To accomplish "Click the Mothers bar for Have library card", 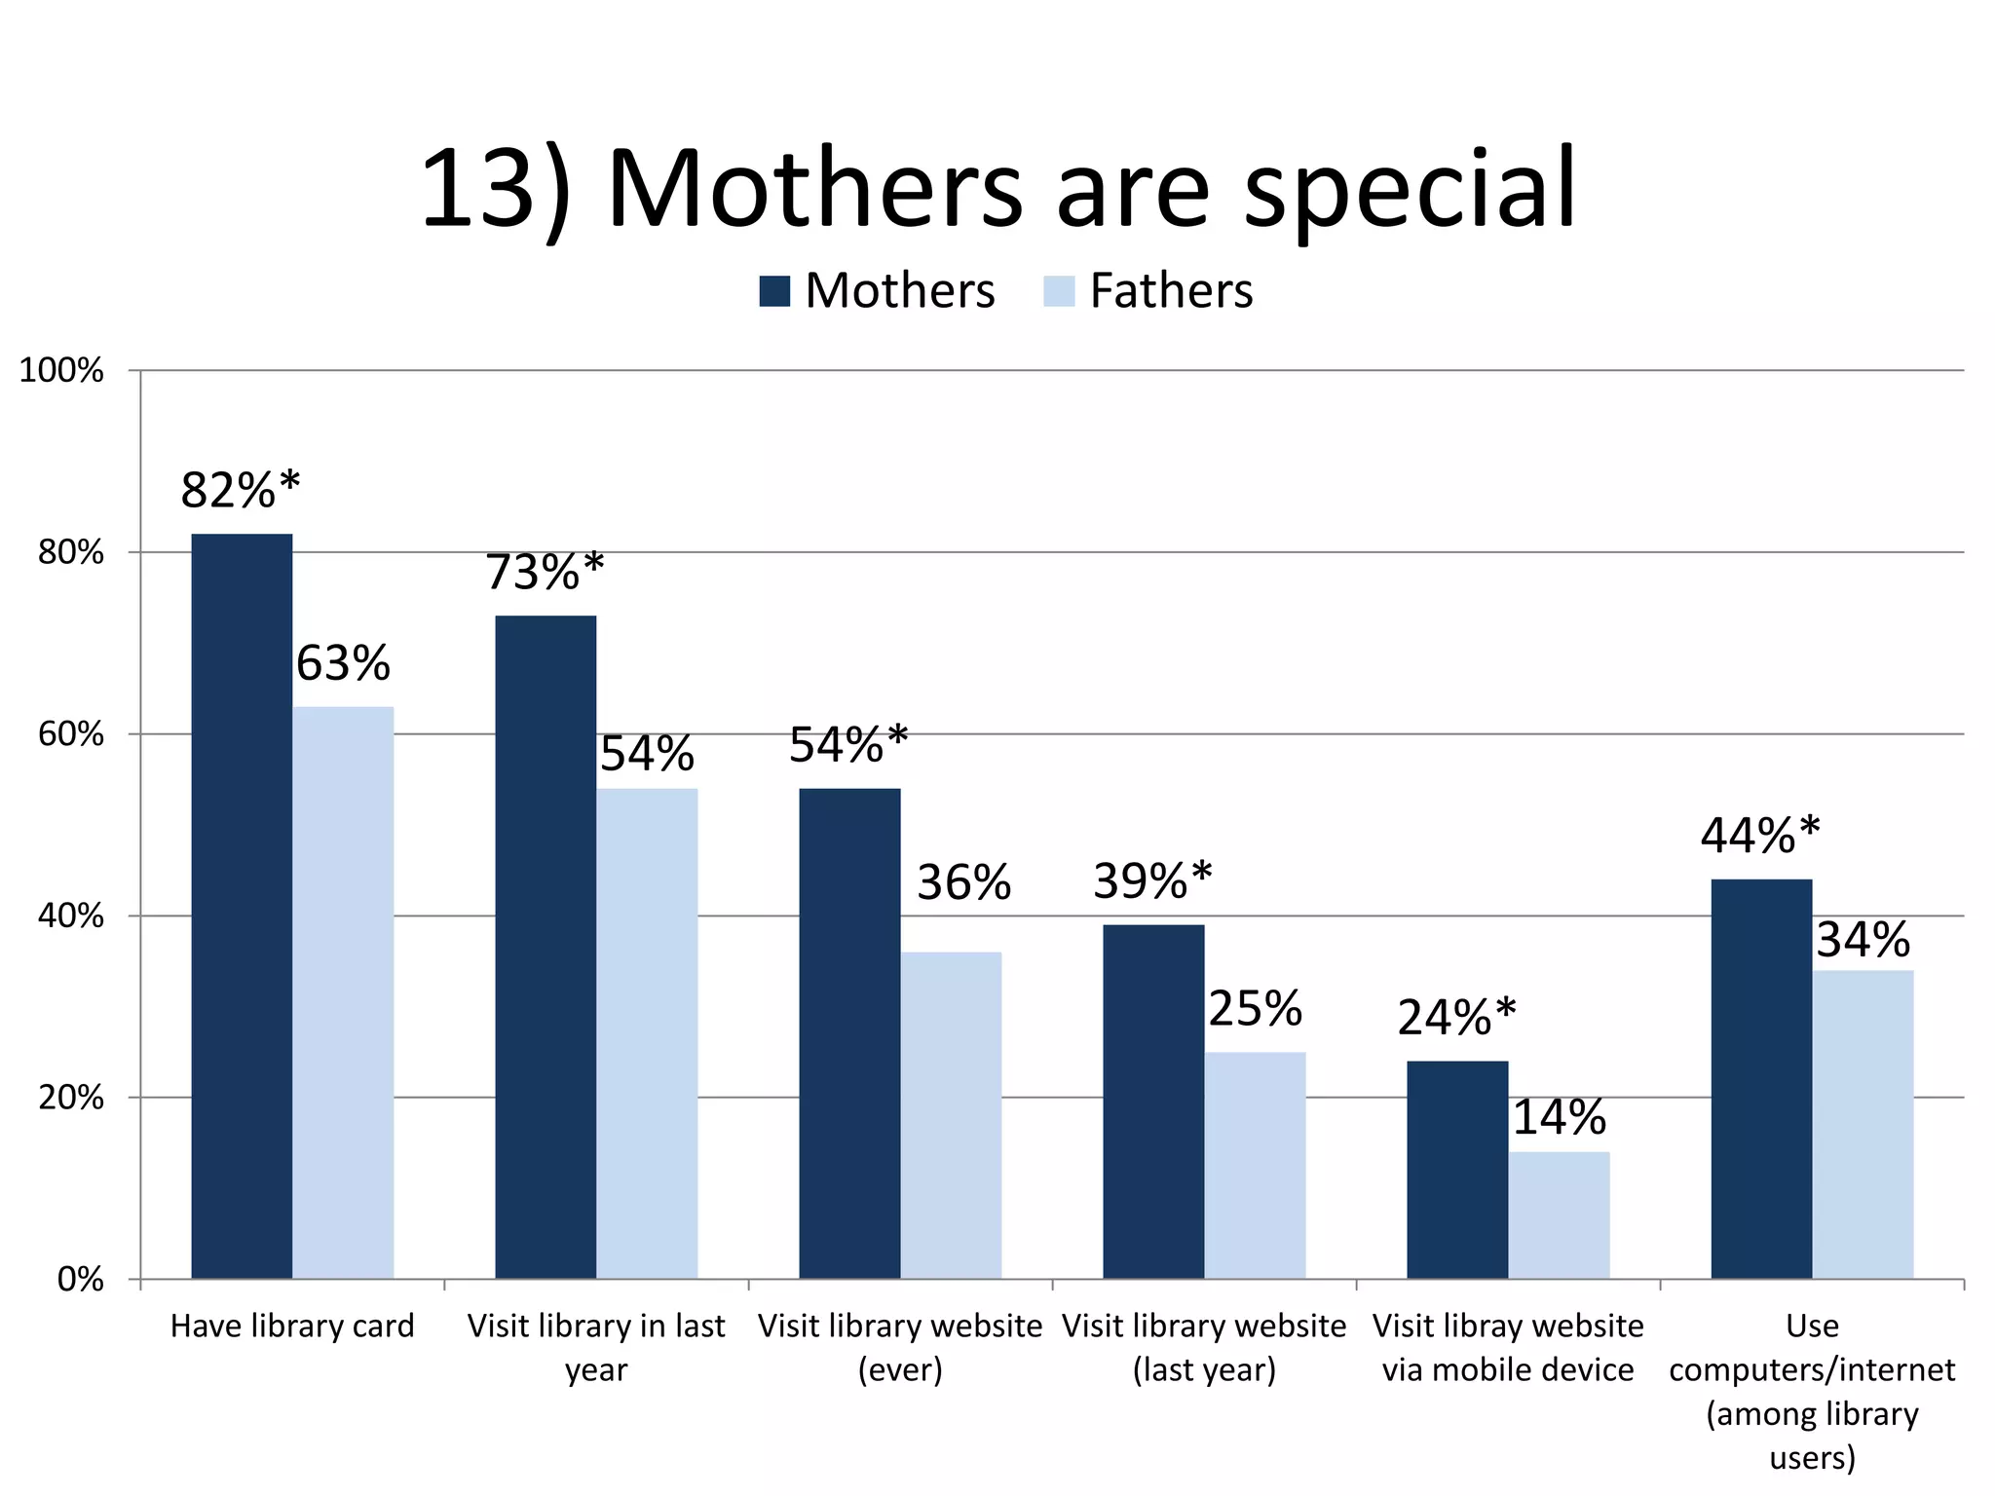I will (x=242, y=906).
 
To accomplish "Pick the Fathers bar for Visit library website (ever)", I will (x=951, y=1114).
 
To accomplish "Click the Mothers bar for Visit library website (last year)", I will (x=1153, y=1101).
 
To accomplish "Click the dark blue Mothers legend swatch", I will (x=774, y=291).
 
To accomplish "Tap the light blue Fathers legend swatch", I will (x=1059, y=291).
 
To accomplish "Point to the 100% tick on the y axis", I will (x=61, y=370).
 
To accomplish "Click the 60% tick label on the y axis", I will (x=70, y=734).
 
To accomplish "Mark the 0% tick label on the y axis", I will (x=80, y=1279).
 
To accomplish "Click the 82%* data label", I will (x=241, y=490).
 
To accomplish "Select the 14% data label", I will (x=1559, y=1117).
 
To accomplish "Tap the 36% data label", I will (x=963, y=882).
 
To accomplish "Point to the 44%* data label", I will (x=1759, y=836).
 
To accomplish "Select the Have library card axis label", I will (x=292, y=1326).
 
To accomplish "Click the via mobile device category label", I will (x=1508, y=1369).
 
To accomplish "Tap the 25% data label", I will (x=1255, y=1009).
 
